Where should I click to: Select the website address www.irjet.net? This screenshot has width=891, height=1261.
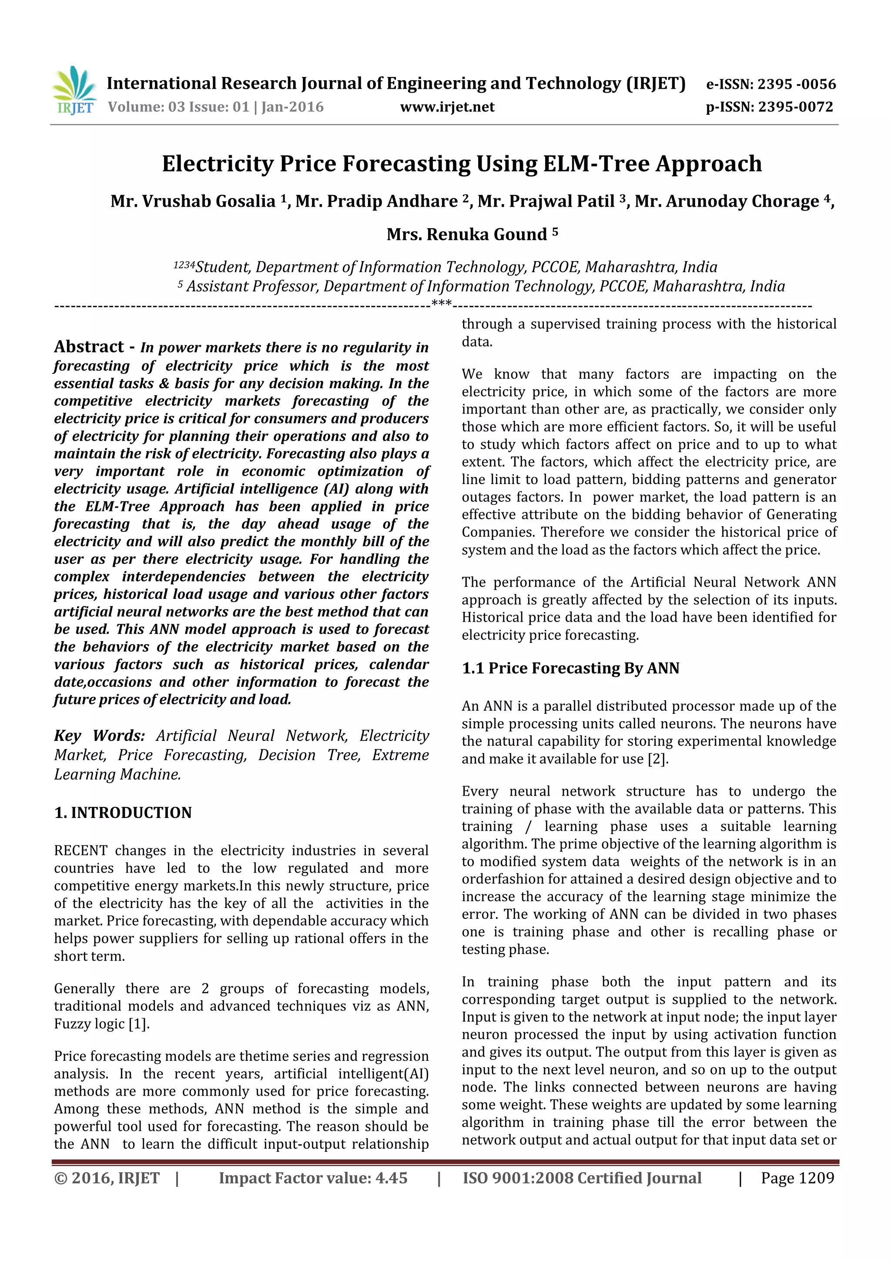447,107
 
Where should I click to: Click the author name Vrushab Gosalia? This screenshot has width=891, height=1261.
208,202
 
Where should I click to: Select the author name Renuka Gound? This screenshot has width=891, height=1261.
486,235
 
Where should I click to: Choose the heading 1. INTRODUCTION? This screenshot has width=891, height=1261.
123,812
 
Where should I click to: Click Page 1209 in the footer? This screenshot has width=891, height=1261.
797,1177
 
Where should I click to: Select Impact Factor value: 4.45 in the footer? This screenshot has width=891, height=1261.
313,1177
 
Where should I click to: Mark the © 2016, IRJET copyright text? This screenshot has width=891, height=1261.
107,1177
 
